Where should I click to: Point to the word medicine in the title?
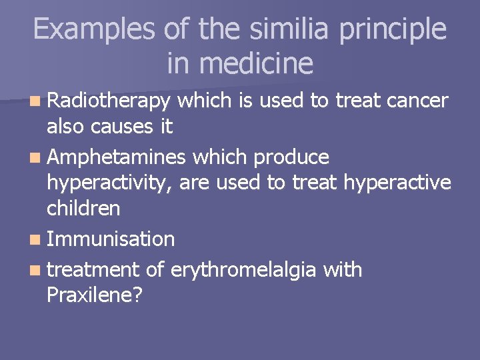pos(257,64)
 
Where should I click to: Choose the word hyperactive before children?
pos(397,183)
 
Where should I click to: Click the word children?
pos(83,209)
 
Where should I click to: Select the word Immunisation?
pos(111,239)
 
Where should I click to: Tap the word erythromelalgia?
pos(247,271)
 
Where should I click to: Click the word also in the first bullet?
pos(65,127)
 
